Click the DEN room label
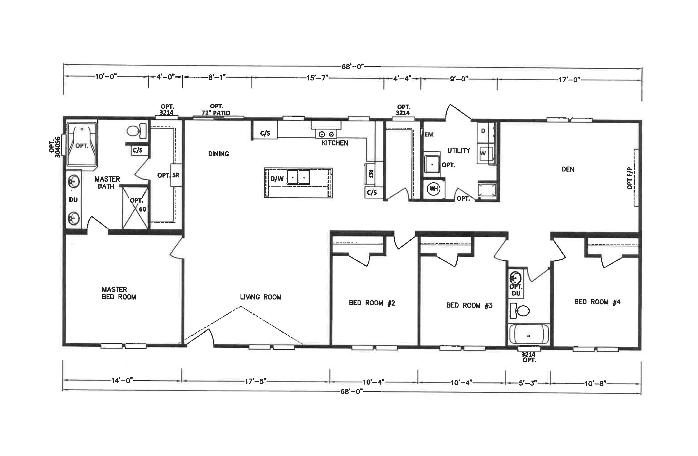(568, 169)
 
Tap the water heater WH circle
(433, 188)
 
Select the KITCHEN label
(335, 143)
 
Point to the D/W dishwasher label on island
(277, 179)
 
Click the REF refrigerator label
(370, 174)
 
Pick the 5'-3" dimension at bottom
(528, 383)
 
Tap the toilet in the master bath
(137, 131)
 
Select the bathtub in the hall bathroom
(529, 334)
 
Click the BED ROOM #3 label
(469, 305)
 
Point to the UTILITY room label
(458, 150)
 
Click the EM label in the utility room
(429, 135)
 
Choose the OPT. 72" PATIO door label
(216, 109)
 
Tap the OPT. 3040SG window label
(55, 147)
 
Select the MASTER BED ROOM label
(119, 293)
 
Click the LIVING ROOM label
(261, 297)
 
